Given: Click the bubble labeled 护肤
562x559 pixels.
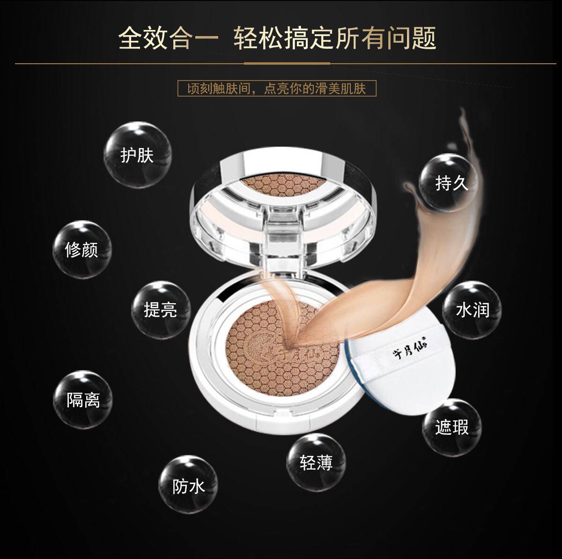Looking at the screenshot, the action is pyautogui.click(x=137, y=155).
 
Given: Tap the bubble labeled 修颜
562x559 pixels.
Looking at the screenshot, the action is pyautogui.click(x=82, y=250).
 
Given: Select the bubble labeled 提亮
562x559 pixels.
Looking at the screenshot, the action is pyautogui.click(x=161, y=310).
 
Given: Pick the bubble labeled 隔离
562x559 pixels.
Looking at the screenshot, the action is pyautogui.click(x=83, y=400).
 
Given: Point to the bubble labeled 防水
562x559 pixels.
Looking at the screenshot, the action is pyautogui.click(x=188, y=484).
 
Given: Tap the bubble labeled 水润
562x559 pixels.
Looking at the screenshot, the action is pyautogui.click(x=472, y=310).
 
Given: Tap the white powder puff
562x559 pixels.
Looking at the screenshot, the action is pyautogui.click(x=399, y=371).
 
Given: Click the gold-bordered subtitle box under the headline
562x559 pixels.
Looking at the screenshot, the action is pyautogui.click(x=277, y=89).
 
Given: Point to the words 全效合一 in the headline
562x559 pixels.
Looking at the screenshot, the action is pyautogui.click(x=169, y=38).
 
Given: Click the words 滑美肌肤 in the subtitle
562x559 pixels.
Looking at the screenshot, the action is pyautogui.click(x=340, y=89).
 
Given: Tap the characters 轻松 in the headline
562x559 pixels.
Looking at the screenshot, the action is pyautogui.click(x=259, y=38).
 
